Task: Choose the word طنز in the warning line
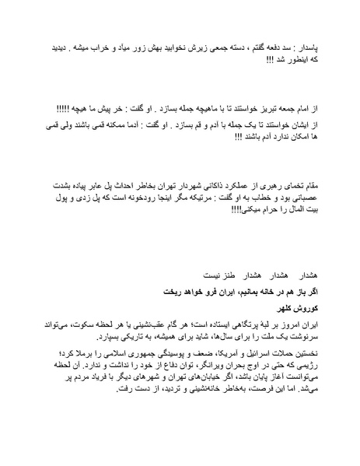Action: (x=211, y=275)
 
